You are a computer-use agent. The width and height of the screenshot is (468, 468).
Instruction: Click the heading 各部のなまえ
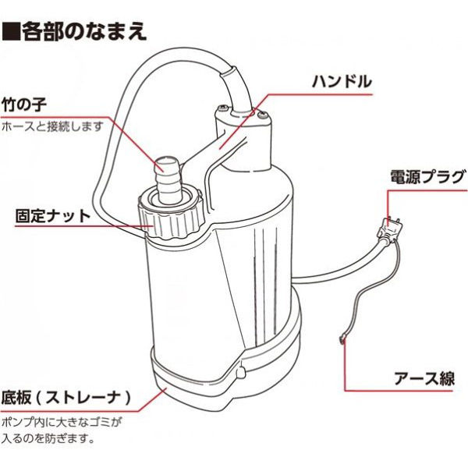(81, 31)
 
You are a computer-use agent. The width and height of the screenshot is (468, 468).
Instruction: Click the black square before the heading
(10, 32)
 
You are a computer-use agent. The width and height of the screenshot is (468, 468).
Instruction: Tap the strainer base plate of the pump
(203, 386)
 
